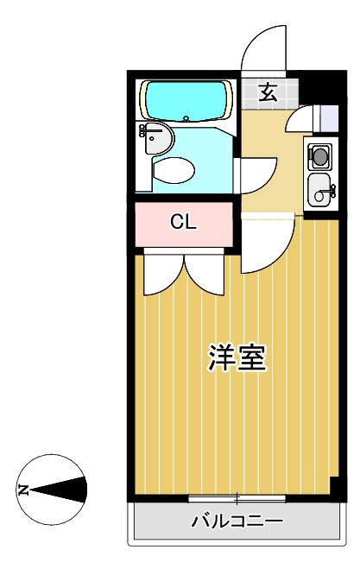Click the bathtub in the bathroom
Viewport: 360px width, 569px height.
point(186,100)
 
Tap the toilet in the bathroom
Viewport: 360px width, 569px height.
point(174,170)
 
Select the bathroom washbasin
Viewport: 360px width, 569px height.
point(157,138)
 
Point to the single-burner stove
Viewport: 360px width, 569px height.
point(319,156)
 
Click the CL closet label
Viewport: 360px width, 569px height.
point(184,222)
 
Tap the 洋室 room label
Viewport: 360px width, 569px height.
point(237,357)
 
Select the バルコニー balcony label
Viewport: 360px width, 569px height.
point(237,522)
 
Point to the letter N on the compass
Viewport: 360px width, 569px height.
point(22,490)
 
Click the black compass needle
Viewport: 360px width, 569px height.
point(58,490)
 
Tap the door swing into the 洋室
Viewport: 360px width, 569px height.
point(281,255)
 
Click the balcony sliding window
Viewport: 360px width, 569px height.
point(237,498)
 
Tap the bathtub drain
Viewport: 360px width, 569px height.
point(186,118)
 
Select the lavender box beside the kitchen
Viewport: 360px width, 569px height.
point(329,118)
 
